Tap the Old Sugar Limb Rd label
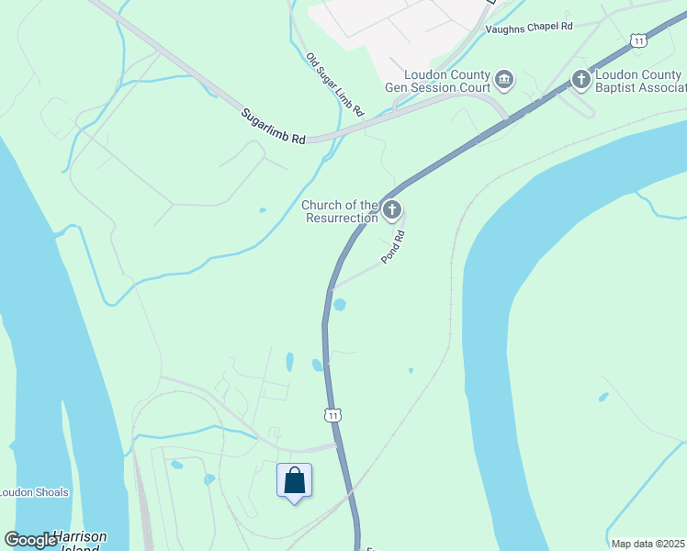click(x=335, y=84)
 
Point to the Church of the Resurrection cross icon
click(x=392, y=211)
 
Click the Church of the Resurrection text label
click(x=340, y=211)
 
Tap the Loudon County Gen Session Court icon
click(x=504, y=80)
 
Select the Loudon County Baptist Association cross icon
click(x=580, y=80)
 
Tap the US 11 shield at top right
click(x=638, y=39)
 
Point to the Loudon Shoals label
click(x=34, y=492)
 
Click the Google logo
click(x=31, y=540)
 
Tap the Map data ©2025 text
click(x=647, y=544)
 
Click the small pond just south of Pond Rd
click(x=339, y=305)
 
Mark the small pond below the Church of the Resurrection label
click(x=263, y=210)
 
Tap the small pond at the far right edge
click(x=603, y=398)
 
